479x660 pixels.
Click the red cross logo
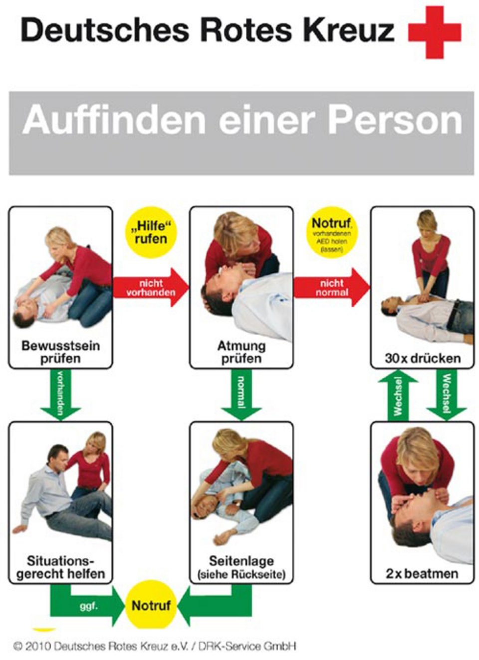click(x=434, y=32)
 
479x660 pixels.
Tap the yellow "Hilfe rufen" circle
click(x=151, y=233)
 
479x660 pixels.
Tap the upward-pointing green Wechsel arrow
click(x=398, y=396)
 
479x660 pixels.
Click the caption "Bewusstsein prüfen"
click(x=60, y=352)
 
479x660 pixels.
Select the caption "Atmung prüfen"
click(x=241, y=352)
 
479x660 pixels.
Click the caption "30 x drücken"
click(x=422, y=358)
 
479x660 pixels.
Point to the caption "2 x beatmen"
click(x=422, y=573)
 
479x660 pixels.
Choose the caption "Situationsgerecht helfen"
click(x=60, y=567)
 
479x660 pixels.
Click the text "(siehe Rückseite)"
click(x=241, y=575)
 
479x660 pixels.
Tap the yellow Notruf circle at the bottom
click(x=151, y=606)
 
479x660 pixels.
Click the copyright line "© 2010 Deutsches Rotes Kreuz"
click(x=155, y=646)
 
